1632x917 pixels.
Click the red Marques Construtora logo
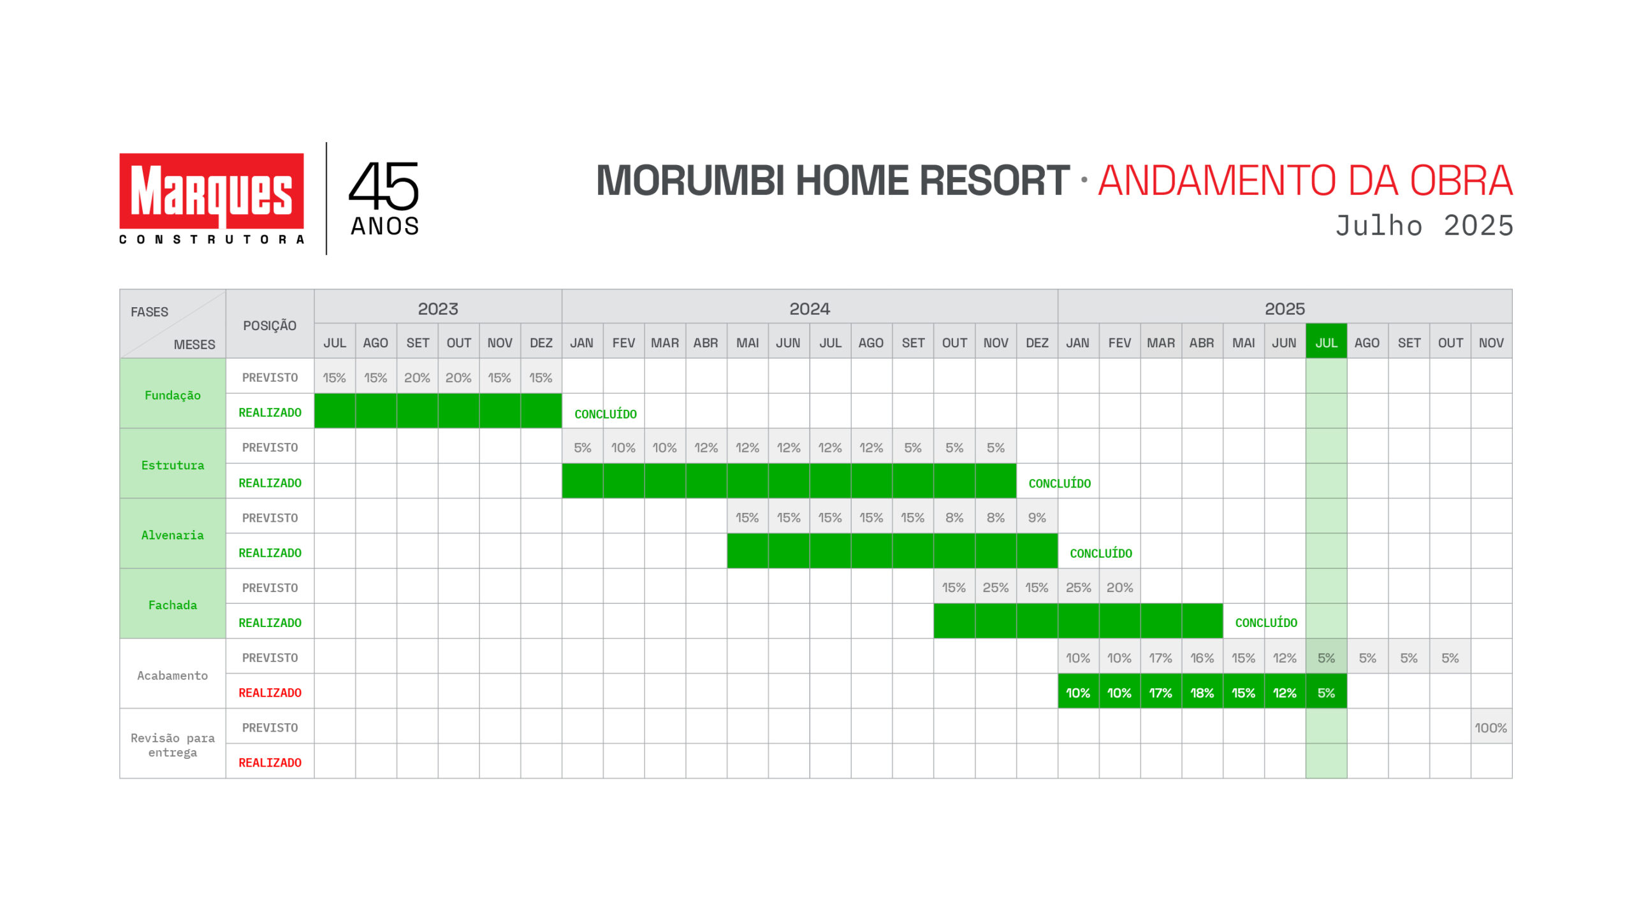coord(211,198)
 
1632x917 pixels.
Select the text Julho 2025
coord(1424,226)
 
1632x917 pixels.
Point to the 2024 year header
coord(810,308)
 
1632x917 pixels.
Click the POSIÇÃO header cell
coord(270,325)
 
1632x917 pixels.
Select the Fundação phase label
coord(173,395)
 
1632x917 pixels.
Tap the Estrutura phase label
coord(173,465)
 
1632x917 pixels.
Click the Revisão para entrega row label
coord(173,745)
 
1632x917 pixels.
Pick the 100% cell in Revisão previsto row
coord(1491,727)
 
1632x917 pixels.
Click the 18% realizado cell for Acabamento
coord(1202,692)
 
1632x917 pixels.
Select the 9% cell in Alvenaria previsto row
coord(1037,517)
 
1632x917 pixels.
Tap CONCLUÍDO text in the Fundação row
coord(606,414)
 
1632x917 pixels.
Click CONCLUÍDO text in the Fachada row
coord(1266,623)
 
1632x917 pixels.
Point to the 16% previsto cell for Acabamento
coord(1202,658)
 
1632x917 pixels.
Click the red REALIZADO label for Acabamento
coord(270,692)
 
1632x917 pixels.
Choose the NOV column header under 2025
coord(1491,342)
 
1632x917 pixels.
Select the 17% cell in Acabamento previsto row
coord(1161,658)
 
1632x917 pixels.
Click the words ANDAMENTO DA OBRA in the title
coord(1305,180)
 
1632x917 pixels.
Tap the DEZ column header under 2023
coord(541,342)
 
